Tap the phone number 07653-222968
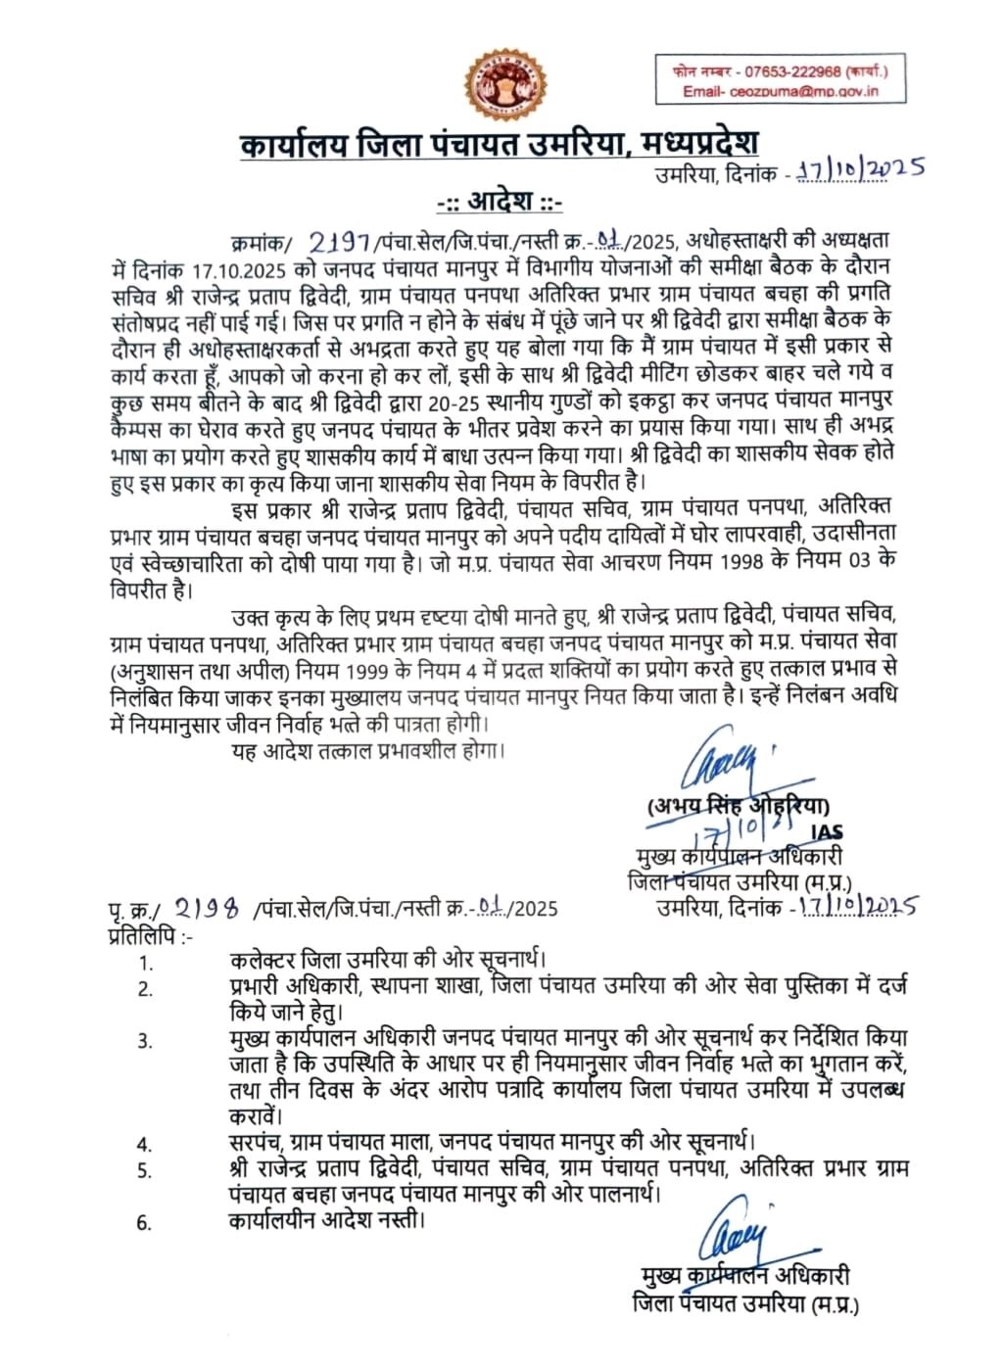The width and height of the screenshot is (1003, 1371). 792,71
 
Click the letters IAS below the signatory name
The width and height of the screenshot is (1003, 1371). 828,831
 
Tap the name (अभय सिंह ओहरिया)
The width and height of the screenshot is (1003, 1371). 738,806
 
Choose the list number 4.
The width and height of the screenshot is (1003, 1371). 145,1144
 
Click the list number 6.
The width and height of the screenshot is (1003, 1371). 145,1223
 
